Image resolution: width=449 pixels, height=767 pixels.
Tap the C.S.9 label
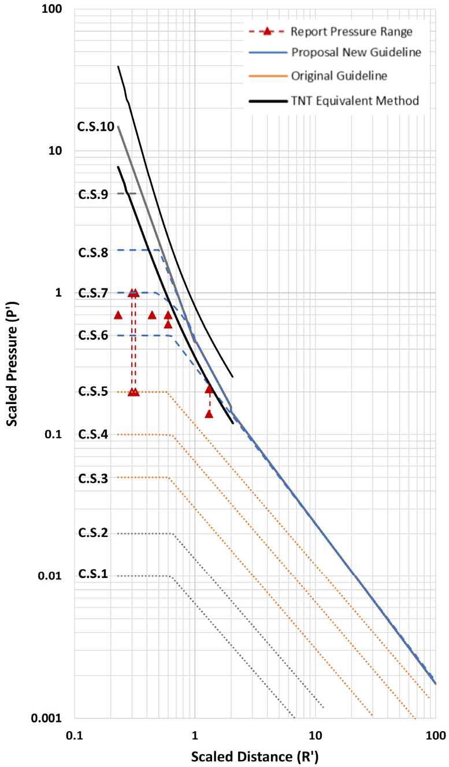[93, 194]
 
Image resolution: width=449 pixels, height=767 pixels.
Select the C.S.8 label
[93, 252]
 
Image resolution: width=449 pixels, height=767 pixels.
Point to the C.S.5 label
[93, 392]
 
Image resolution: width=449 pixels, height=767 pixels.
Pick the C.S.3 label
[93, 478]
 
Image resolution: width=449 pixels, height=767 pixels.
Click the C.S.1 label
[93, 574]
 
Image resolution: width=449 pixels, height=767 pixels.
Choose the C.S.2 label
[93, 532]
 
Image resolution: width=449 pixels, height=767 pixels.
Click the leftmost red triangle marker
[118, 315]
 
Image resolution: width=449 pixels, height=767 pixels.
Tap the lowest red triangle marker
[209, 414]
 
